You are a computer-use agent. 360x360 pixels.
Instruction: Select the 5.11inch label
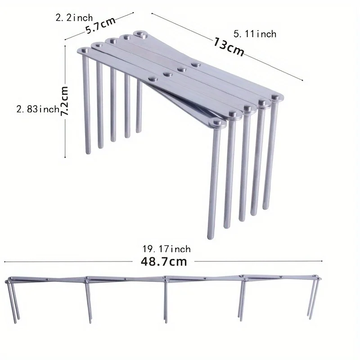[x=255, y=34]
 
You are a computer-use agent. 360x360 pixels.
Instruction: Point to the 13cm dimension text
[x=229, y=46]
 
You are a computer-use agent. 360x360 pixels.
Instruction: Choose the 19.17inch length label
[x=166, y=249]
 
